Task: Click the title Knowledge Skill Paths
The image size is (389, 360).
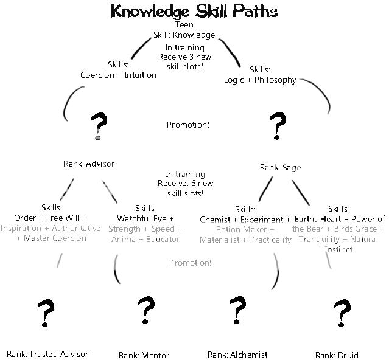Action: coord(194,12)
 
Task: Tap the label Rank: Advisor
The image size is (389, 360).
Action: coord(89,164)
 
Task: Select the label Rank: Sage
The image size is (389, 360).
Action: coord(281,167)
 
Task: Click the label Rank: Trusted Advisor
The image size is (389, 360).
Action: coord(47,354)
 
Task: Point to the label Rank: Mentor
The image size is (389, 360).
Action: coord(144,355)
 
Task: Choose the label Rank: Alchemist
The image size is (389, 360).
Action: coord(237,355)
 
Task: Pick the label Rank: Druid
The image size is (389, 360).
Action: coord(337,355)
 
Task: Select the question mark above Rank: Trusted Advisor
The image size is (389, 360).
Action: coord(43,313)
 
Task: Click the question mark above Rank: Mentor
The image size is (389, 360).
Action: coord(145,311)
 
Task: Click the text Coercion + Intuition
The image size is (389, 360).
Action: coord(118,75)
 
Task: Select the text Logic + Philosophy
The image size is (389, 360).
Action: coord(260,80)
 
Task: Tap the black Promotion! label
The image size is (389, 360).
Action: coord(188,125)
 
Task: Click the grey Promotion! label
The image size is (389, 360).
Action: coord(191,263)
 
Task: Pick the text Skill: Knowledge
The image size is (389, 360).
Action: coord(184,35)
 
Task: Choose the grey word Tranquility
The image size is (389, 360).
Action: coord(315,239)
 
